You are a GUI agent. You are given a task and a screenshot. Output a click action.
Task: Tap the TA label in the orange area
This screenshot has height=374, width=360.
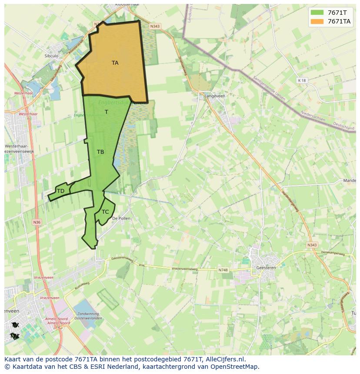[115, 63]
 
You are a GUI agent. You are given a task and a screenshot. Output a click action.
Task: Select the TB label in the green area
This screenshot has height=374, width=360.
[100, 152]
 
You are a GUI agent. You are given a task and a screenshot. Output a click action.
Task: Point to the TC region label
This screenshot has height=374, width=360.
[105, 212]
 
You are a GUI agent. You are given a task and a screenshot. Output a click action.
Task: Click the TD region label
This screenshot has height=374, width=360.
[60, 191]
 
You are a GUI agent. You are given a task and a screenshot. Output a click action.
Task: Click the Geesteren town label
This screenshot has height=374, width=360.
[266, 268]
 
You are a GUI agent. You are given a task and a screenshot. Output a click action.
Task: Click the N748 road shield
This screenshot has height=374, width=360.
[223, 270]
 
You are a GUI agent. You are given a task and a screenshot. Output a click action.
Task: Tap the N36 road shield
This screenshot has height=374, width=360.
[37, 222]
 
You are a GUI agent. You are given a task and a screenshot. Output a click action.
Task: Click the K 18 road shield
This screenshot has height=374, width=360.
[302, 80]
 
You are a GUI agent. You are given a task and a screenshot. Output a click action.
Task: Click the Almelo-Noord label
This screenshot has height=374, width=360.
[58, 323]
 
